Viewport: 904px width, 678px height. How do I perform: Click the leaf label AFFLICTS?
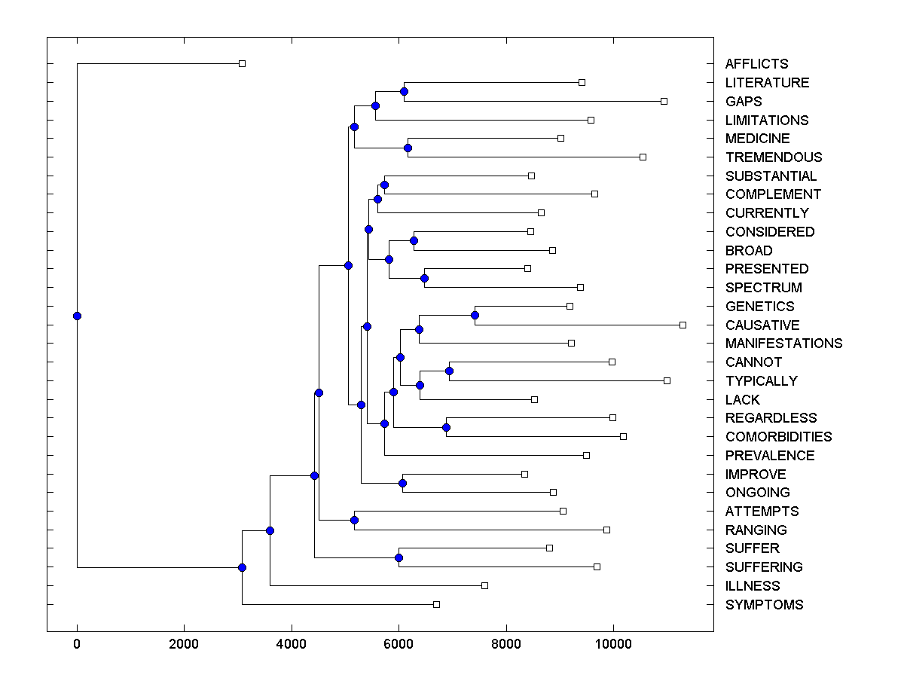click(756, 64)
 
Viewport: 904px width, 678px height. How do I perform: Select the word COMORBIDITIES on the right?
click(778, 437)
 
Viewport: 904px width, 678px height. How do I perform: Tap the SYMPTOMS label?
click(764, 605)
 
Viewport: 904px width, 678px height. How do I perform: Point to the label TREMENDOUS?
click(774, 157)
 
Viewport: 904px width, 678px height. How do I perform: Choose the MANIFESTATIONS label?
click(783, 344)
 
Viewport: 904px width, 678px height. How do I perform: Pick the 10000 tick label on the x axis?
click(613, 644)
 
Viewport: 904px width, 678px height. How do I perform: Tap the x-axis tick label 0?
click(77, 644)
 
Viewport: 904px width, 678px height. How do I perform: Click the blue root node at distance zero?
click(77, 316)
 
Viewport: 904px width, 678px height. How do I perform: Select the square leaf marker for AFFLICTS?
click(242, 64)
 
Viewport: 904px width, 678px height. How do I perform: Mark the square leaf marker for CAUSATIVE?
click(683, 325)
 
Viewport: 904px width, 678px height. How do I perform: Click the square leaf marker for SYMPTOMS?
click(436, 604)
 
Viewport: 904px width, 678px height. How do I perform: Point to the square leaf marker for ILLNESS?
click(484, 585)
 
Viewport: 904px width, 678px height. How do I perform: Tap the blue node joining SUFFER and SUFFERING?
click(399, 557)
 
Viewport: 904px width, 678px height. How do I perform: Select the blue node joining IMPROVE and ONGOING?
click(403, 483)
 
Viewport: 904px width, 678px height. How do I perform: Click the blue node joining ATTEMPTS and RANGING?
click(354, 520)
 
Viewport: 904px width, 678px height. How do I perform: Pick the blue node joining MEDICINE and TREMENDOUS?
click(408, 148)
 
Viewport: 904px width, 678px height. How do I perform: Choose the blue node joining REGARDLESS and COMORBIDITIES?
click(446, 427)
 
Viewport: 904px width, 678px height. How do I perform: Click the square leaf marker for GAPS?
click(664, 101)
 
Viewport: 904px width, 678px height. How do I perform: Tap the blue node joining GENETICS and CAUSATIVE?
click(475, 315)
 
